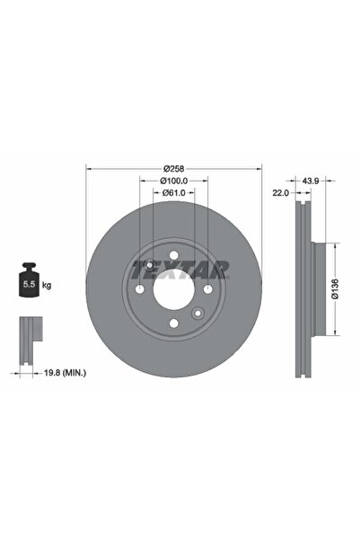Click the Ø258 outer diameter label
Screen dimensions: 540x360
173,168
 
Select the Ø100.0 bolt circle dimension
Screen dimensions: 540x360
173,181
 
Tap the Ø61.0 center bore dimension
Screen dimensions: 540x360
173,192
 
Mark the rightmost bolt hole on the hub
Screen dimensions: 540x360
207,288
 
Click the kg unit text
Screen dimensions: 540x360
46,286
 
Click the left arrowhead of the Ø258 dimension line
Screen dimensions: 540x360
88,168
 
